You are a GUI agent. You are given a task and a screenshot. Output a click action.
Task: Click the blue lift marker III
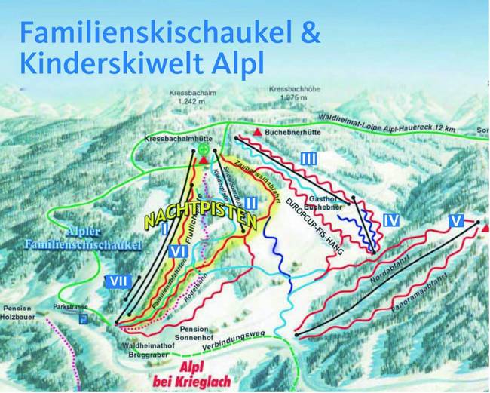[x=308, y=159]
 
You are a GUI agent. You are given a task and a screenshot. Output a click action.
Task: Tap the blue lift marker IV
[x=390, y=220]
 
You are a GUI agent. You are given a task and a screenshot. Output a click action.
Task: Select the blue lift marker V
[x=455, y=221]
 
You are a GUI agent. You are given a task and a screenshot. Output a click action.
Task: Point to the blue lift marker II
[x=251, y=202]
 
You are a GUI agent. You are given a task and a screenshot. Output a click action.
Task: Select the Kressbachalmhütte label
[x=176, y=139]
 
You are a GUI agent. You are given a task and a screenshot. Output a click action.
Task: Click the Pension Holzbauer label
[x=21, y=312]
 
